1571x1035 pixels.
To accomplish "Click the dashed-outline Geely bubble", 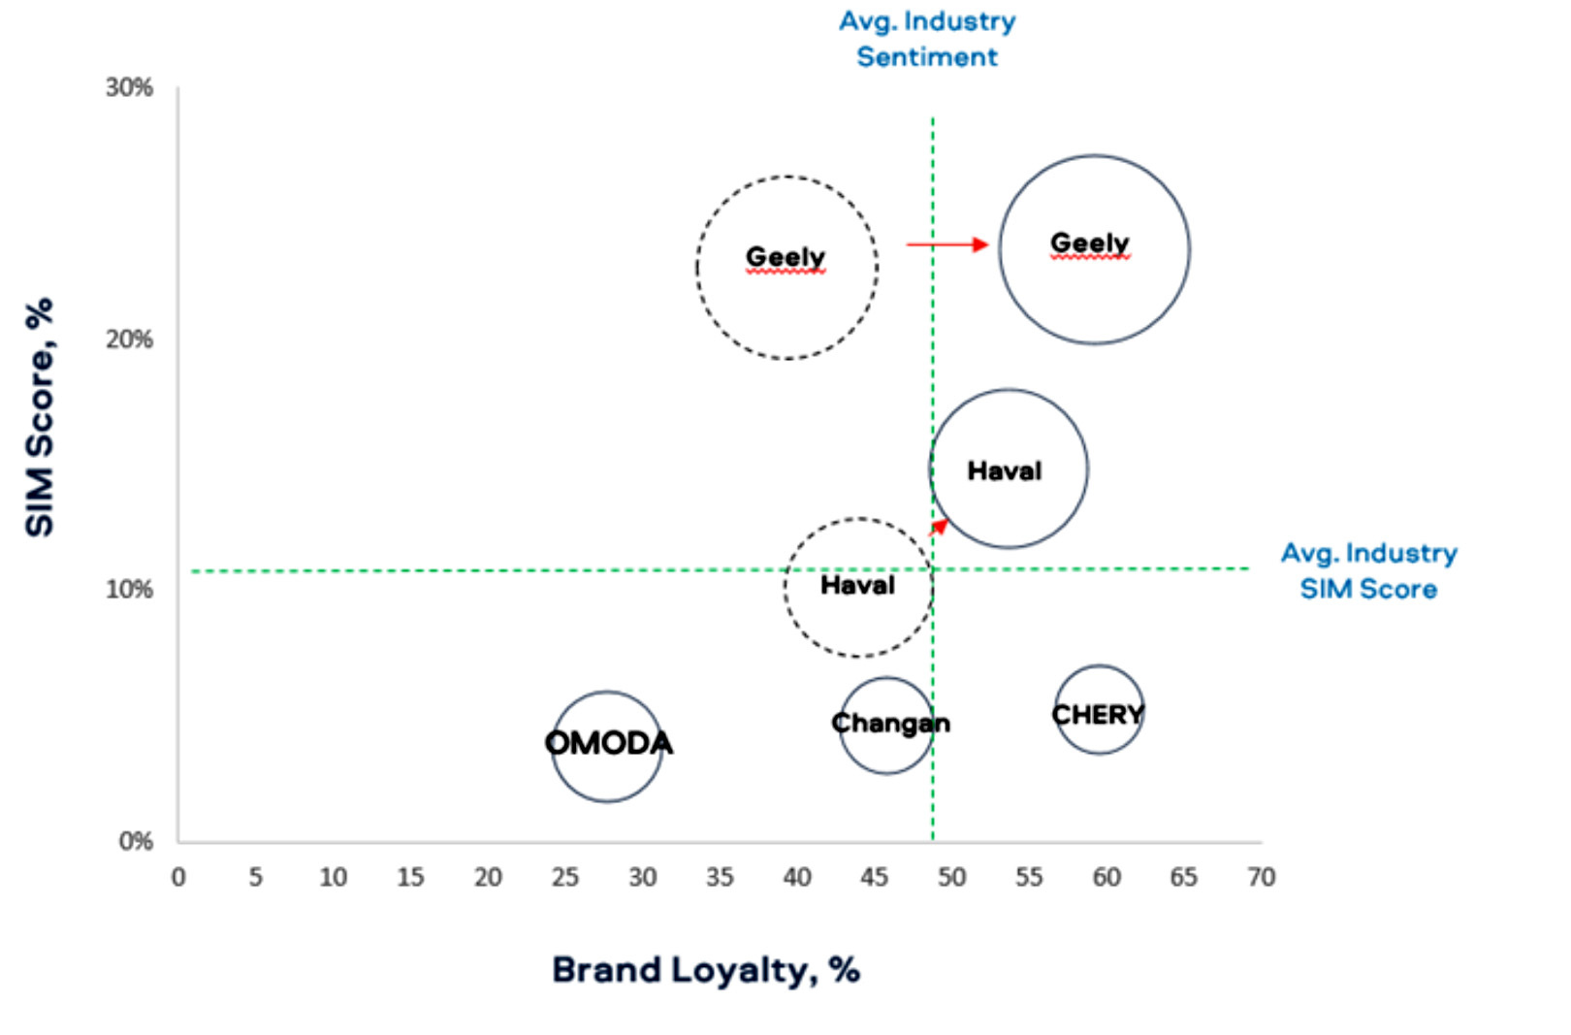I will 786,268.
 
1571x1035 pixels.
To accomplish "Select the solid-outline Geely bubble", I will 1094,249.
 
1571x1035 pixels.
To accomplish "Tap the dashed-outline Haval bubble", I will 858,587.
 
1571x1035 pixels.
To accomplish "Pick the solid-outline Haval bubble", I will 1009,469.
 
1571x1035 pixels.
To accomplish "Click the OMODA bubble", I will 607,746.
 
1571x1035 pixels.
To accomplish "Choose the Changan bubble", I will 886,725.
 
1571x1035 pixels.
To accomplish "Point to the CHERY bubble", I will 1099,710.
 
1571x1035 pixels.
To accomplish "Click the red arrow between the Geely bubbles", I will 947,244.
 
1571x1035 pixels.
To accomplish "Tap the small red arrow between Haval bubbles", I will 939,527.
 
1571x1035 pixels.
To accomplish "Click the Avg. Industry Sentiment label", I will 927,39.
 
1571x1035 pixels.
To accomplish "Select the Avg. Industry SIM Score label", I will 1368,570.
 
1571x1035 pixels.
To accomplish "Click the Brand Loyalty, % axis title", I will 705,969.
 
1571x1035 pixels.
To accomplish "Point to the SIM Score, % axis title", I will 40,417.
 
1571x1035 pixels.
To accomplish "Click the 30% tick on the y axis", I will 129,87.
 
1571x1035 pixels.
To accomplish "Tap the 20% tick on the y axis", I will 129,339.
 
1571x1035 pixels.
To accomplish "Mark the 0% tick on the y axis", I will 136,840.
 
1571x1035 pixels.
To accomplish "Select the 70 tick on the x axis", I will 1261,877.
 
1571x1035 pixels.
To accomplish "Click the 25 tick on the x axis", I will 564,877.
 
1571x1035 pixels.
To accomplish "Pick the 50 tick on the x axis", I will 951,877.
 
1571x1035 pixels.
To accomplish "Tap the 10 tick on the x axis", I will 333,877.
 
